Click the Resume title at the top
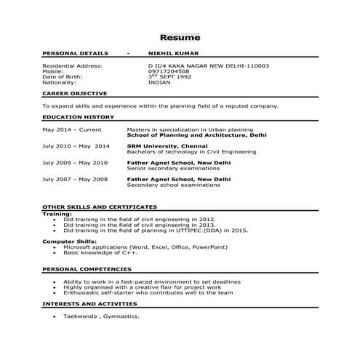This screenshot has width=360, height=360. pos(180,37)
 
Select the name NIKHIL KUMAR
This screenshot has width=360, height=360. pos(172,53)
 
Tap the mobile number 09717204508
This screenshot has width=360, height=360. pos(169,71)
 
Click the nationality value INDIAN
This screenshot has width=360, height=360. pos(159,82)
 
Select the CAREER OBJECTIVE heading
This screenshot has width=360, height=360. pos(75,94)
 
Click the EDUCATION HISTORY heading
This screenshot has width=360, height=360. pos(78,116)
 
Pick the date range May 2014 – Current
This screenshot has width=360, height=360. pos(72,129)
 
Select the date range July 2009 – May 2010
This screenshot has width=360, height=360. pos(75,162)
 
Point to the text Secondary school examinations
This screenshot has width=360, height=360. pos(173,184)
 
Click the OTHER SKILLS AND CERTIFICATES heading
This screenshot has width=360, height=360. pos(100,207)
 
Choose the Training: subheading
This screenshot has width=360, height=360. pos(57,215)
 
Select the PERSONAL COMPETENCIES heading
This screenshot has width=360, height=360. pos(86,269)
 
